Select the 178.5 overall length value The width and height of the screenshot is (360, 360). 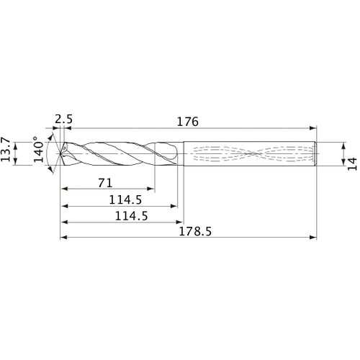(190, 231)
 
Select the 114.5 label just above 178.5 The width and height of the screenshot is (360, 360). (119, 216)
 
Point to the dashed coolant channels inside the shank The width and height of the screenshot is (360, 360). (252, 153)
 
